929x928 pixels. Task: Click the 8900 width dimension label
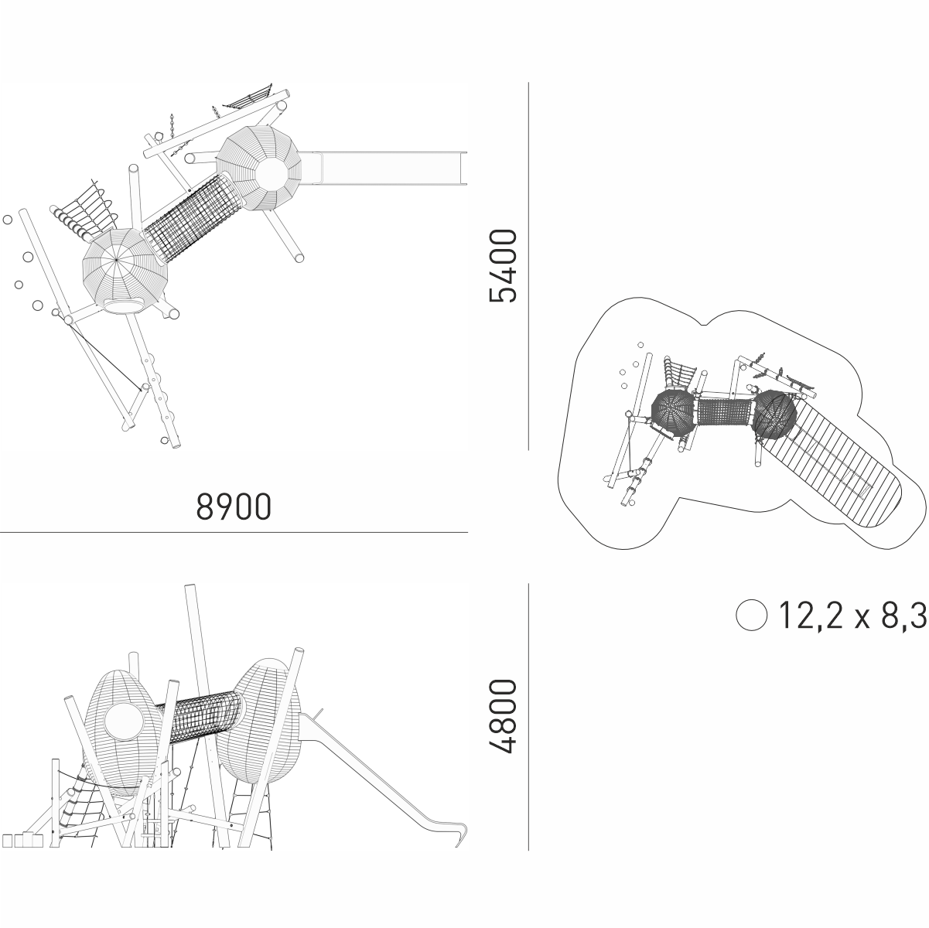[x=234, y=507]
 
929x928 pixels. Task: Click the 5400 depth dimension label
[x=503, y=265]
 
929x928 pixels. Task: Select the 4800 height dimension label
[x=503, y=716]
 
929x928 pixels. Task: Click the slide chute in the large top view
[x=391, y=168]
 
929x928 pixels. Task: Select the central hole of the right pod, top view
[x=270, y=171]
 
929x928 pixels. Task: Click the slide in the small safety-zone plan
[x=843, y=464]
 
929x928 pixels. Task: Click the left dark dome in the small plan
[x=674, y=411]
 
